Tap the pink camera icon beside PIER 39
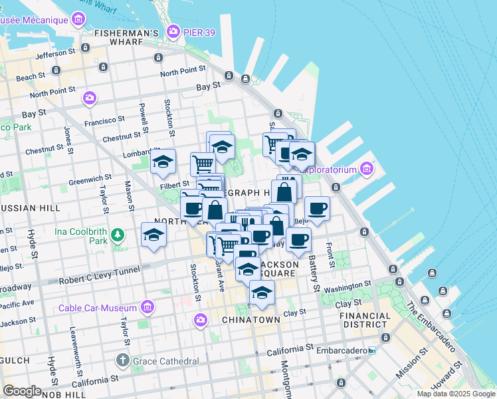[x=173, y=31]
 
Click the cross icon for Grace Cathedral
[x=122, y=361]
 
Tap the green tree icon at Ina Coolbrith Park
[x=118, y=234]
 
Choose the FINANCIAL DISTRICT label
[x=367, y=320]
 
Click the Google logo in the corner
[x=22, y=390]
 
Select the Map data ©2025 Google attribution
[x=456, y=394]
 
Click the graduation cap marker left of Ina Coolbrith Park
[x=153, y=235]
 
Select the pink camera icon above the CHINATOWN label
[x=200, y=321]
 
